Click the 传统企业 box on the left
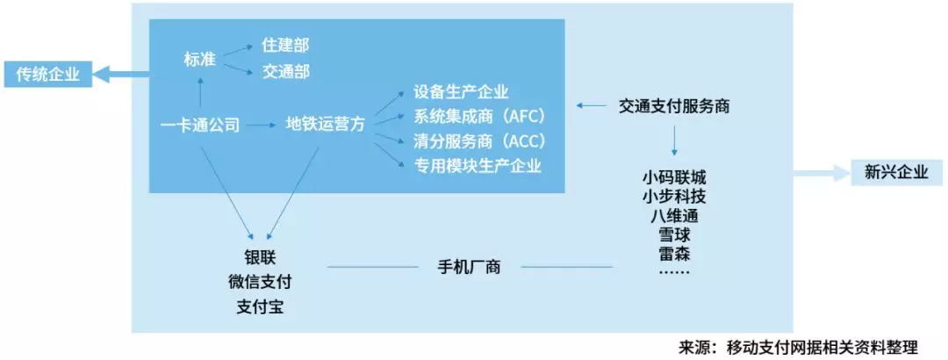pyautogui.click(x=47, y=76)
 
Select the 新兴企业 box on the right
pyautogui.click(x=889, y=172)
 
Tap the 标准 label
pyautogui.click(x=200, y=59)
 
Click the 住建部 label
pyautogui.click(x=285, y=45)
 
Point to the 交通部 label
pyautogui.click(x=285, y=71)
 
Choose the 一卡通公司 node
pyautogui.click(x=201, y=126)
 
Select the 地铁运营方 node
pyautogui.click(x=326, y=126)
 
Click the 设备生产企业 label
pyautogui.click(x=461, y=93)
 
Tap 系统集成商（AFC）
pyautogui.click(x=479, y=117)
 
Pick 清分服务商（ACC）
pyautogui.click(x=479, y=141)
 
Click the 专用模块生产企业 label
pyautogui.click(x=478, y=165)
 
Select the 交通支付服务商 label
pyautogui.click(x=674, y=106)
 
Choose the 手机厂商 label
pyautogui.click(x=469, y=266)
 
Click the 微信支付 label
pyautogui.click(x=260, y=283)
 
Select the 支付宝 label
pyautogui.click(x=260, y=307)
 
